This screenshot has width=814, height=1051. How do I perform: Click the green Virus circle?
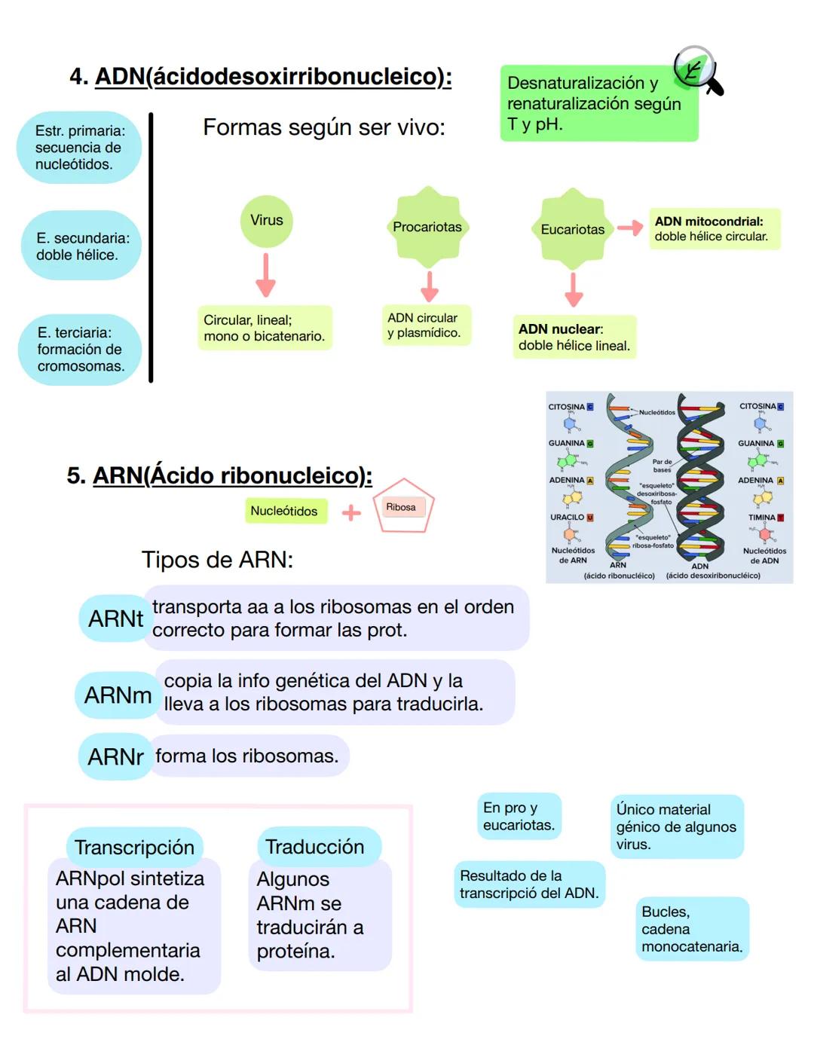(x=266, y=221)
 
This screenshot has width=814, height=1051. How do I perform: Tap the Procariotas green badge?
(x=427, y=227)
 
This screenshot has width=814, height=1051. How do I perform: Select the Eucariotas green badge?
(x=573, y=229)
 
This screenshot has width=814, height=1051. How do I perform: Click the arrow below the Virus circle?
(x=265, y=275)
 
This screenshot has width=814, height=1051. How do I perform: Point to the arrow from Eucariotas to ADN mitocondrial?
(x=629, y=228)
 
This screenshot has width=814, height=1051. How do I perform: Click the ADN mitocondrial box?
(x=714, y=229)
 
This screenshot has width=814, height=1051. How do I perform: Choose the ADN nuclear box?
(x=574, y=337)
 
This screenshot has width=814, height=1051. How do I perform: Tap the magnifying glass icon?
(x=697, y=71)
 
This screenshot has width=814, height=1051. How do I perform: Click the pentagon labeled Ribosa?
(x=402, y=507)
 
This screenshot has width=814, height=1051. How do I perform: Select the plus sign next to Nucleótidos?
(x=351, y=513)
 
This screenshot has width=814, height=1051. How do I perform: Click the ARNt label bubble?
(x=115, y=619)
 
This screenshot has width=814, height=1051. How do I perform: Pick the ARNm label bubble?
(x=117, y=695)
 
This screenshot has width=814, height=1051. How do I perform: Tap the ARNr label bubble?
(x=115, y=756)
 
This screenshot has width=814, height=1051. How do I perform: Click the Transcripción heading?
(x=134, y=848)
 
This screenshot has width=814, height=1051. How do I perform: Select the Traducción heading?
(x=315, y=847)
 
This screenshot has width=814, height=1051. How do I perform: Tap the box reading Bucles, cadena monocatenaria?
(x=692, y=929)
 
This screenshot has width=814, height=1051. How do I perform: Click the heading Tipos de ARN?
(x=217, y=560)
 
